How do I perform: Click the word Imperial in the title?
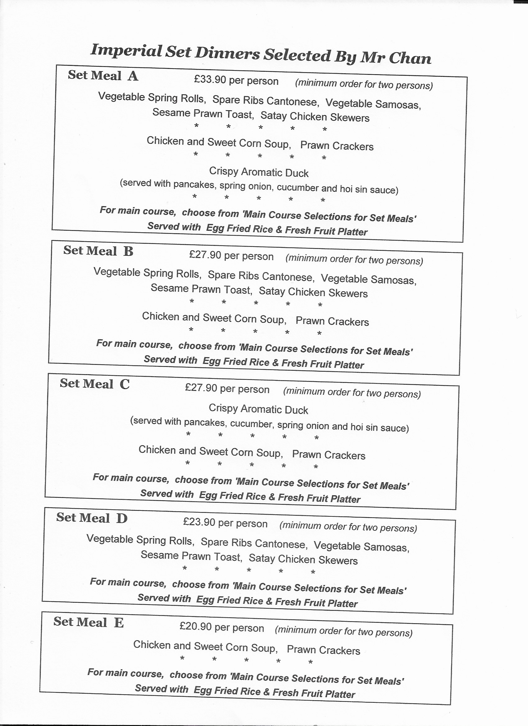(x=126, y=51)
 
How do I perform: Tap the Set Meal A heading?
(x=103, y=75)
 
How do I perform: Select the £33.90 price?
(x=210, y=79)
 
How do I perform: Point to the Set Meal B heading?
(x=98, y=251)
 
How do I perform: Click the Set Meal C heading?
(x=94, y=384)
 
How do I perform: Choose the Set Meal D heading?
(x=92, y=518)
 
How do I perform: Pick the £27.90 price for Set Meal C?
(x=201, y=388)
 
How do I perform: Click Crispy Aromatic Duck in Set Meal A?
(x=259, y=172)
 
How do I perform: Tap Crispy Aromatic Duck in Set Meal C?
(x=258, y=409)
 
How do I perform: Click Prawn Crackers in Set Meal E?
(x=323, y=650)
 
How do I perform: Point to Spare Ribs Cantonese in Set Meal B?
(x=261, y=276)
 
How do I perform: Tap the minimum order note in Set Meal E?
(x=344, y=631)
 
